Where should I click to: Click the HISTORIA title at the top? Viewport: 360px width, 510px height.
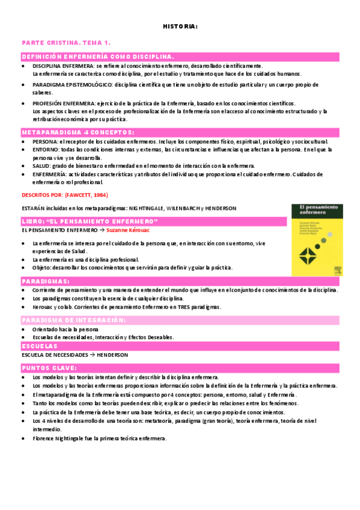tap(180, 26)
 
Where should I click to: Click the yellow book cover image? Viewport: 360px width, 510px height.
tap(317, 240)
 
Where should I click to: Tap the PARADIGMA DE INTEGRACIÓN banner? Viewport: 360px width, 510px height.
tap(74, 320)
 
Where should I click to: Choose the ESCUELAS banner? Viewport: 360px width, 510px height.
tap(40, 346)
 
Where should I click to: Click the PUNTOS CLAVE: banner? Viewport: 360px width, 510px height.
tap(49, 367)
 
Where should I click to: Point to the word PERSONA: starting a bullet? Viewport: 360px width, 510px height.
tap(45, 141)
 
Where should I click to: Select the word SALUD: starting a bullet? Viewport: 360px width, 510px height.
tap(41, 165)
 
